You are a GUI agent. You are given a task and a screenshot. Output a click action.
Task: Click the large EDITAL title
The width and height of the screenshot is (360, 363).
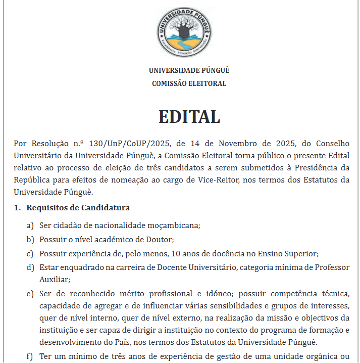189,117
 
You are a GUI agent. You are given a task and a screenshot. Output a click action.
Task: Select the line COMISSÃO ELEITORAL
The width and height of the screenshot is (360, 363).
189,83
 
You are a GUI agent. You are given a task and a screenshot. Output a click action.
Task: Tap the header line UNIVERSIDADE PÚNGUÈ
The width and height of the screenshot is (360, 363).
189,70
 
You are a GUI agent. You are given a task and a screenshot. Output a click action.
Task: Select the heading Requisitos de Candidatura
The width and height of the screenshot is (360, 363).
78,207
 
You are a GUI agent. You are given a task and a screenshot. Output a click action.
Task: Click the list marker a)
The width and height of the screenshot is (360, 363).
31,225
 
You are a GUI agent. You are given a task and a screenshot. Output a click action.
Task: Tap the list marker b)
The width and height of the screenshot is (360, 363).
31,239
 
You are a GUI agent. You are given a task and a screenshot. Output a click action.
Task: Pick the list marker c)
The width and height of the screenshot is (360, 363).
31,253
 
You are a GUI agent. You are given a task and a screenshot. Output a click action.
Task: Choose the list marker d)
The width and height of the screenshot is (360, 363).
31,267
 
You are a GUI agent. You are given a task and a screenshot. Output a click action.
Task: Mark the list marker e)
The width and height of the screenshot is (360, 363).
31,293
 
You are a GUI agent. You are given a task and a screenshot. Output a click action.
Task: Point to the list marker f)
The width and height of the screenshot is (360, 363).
30,356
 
